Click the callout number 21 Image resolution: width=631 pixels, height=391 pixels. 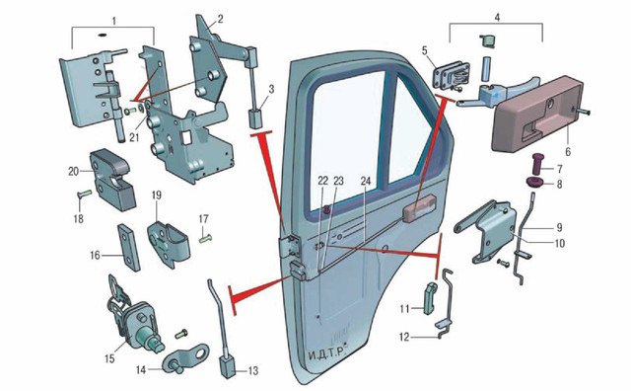coord(134,137)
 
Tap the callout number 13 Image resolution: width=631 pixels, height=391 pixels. coord(253,370)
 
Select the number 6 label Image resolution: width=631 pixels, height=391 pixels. coord(568,152)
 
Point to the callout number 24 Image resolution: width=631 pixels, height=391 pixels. coord(366,181)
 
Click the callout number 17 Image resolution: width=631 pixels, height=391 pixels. coord(204,219)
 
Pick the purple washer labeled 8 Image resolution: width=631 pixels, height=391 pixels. coord(534,184)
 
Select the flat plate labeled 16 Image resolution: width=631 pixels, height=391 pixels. coord(129,248)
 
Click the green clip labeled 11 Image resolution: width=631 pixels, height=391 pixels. coord(430,298)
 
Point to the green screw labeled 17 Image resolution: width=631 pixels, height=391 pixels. coord(206,239)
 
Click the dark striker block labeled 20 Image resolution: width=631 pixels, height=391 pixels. coord(111,179)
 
